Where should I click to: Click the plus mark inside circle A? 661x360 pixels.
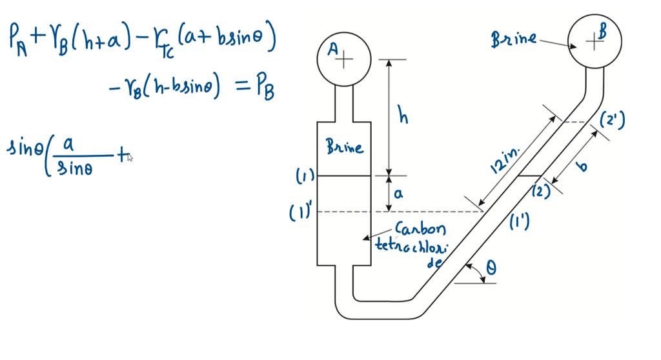pyautogui.click(x=347, y=59)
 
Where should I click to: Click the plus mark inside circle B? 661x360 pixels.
pyautogui.click(x=593, y=42)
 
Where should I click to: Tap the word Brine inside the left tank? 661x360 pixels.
pyautogui.click(x=344, y=147)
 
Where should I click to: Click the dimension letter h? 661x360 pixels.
pyautogui.click(x=403, y=117)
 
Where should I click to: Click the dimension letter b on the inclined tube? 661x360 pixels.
pyautogui.click(x=582, y=166)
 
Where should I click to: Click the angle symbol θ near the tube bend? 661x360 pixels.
pyautogui.click(x=491, y=267)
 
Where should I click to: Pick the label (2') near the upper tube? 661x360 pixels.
pyautogui.click(x=611, y=121)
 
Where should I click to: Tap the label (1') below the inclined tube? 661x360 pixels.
pyautogui.click(x=520, y=221)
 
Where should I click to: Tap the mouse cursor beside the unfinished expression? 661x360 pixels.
pyautogui.click(x=130, y=157)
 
